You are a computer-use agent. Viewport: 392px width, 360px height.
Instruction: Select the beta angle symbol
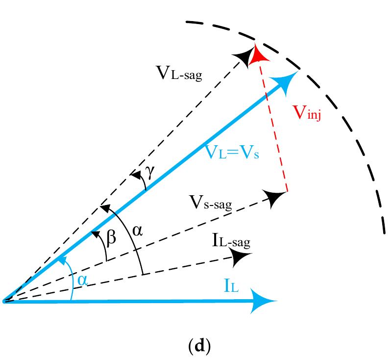point(112,237)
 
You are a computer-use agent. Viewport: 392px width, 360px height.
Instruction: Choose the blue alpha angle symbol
point(82,280)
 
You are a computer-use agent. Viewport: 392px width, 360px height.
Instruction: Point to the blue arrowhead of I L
point(265,301)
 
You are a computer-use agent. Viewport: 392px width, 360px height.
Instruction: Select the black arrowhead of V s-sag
point(275,198)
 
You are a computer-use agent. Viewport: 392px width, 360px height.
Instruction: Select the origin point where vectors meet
point(5,300)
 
